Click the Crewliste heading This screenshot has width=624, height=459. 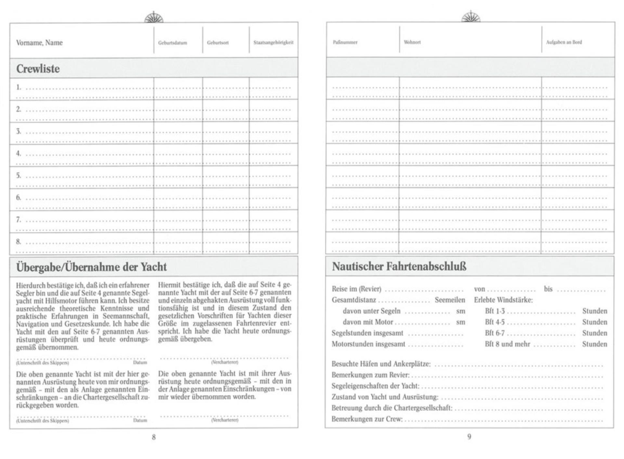pos(38,69)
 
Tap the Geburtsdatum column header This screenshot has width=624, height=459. pos(173,43)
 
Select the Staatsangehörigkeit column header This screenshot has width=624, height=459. pos(273,42)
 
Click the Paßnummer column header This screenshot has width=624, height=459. pos(345,42)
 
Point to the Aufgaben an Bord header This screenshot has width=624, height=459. pos(564,42)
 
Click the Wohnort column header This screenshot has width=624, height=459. pos(412,42)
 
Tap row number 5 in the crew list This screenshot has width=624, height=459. pos(19,176)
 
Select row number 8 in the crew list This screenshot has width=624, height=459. pos(19,242)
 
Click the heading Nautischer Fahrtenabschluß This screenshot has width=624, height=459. pos(399,267)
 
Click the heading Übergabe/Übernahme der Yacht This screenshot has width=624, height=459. pos(91,267)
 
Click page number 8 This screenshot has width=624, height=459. pos(154,437)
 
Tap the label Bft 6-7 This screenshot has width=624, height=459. pos(495,333)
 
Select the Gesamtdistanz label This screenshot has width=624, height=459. pos(354,300)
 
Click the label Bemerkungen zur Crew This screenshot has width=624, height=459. pos(367,419)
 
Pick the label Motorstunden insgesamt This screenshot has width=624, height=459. pos(368,344)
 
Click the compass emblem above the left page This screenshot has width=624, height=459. pos(154,17)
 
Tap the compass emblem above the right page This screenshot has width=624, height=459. pos(471,17)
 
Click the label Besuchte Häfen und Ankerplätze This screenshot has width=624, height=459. pos(381,364)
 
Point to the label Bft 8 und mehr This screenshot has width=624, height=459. pos(507,344)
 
